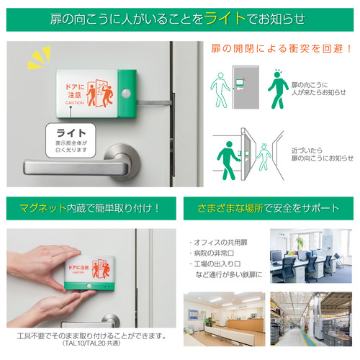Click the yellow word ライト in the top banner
[225, 19]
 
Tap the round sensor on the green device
[126, 93]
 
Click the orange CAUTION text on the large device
[75, 103]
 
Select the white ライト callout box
[71, 140]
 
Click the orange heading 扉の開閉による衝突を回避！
[281, 49]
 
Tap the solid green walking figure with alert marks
[278, 89]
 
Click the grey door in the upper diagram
[246, 87]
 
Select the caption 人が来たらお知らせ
[318, 92]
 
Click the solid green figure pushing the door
[228, 161]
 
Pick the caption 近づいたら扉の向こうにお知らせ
[323, 154]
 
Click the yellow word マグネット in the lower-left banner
[43, 208]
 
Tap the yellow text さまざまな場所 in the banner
[230, 208]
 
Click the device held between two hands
[90, 273]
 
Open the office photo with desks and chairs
[311, 256]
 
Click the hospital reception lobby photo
[225, 319]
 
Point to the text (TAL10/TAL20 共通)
[91, 343]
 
